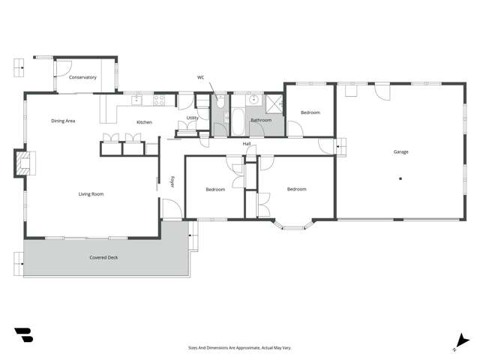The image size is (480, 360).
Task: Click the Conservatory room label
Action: tap(82, 77)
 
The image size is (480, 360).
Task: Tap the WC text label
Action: tap(201, 77)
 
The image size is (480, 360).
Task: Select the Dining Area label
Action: tap(63, 121)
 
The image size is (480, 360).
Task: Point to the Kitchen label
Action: tap(144, 122)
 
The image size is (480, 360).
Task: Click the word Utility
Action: tap(193, 118)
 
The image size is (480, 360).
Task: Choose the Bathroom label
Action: tap(261, 120)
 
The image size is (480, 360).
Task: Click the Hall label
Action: tap(246, 143)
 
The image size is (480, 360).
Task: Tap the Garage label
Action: tap(401, 151)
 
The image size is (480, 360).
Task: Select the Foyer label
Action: tap(172, 182)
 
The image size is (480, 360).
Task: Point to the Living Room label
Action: tap(91, 194)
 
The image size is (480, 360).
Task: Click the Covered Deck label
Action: tap(103, 257)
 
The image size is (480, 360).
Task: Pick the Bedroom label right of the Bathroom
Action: tap(310, 112)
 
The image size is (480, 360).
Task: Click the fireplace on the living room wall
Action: tap(25, 163)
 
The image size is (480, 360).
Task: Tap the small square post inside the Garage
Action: tap(400, 178)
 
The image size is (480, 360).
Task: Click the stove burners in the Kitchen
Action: tap(160, 98)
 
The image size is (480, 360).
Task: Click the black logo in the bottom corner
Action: tap(23, 335)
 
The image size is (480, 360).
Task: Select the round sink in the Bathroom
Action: tap(253, 99)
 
